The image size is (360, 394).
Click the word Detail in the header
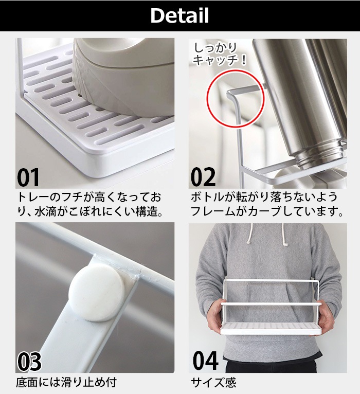[179, 15]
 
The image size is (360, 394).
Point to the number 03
[29, 361]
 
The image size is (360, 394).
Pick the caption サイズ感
[213, 383]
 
